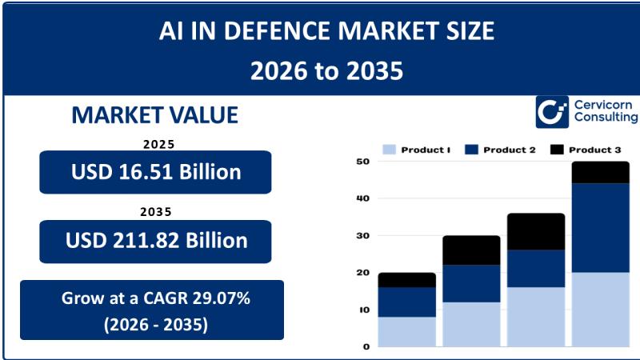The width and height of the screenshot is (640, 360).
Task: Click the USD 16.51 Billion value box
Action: coord(155,171)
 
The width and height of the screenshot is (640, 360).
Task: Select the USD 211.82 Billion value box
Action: coord(155,241)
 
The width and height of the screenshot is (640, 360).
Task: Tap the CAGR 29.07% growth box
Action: coord(152,310)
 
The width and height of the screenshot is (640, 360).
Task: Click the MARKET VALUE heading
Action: coord(154,115)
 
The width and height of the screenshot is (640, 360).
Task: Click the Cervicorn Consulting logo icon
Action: coord(552,112)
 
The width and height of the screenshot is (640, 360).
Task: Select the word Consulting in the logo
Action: coord(606,118)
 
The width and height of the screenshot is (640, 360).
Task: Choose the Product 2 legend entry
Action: coord(500,150)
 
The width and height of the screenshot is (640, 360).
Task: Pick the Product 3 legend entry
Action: coord(586,150)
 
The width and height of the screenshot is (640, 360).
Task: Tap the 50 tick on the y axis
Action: coord(362,162)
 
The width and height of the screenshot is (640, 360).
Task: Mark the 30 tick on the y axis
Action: coord(362,236)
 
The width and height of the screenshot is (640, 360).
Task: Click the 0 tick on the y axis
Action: coord(366,347)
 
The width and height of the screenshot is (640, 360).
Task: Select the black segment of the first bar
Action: coord(406,280)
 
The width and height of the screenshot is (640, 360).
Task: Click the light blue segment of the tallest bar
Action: coord(600,310)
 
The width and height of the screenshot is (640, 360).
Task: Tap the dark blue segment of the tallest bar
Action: coord(600,228)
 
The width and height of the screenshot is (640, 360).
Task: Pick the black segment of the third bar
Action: coord(536,231)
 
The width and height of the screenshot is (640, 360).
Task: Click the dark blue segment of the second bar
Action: coord(471,283)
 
